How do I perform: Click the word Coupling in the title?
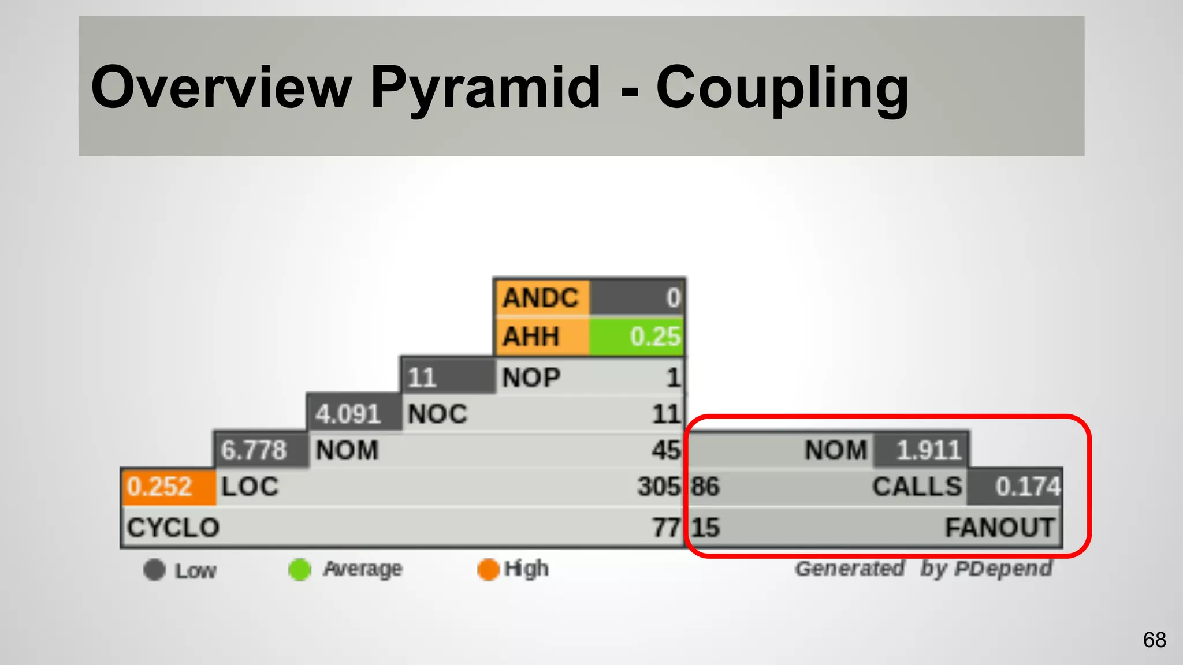[782, 88]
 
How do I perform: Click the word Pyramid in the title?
[485, 88]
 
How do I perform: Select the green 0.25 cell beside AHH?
[636, 336]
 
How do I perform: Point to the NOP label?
[531, 378]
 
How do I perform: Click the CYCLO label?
[173, 528]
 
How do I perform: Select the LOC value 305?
[659, 487]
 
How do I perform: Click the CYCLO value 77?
[666, 528]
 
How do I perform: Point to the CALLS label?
[917, 487]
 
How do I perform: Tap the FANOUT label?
[999, 528]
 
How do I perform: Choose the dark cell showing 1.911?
[922, 450]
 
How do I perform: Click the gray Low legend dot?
[154, 570]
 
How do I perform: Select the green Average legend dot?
[300, 570]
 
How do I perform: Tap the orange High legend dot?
[488, 570]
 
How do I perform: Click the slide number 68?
[1154, 640]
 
